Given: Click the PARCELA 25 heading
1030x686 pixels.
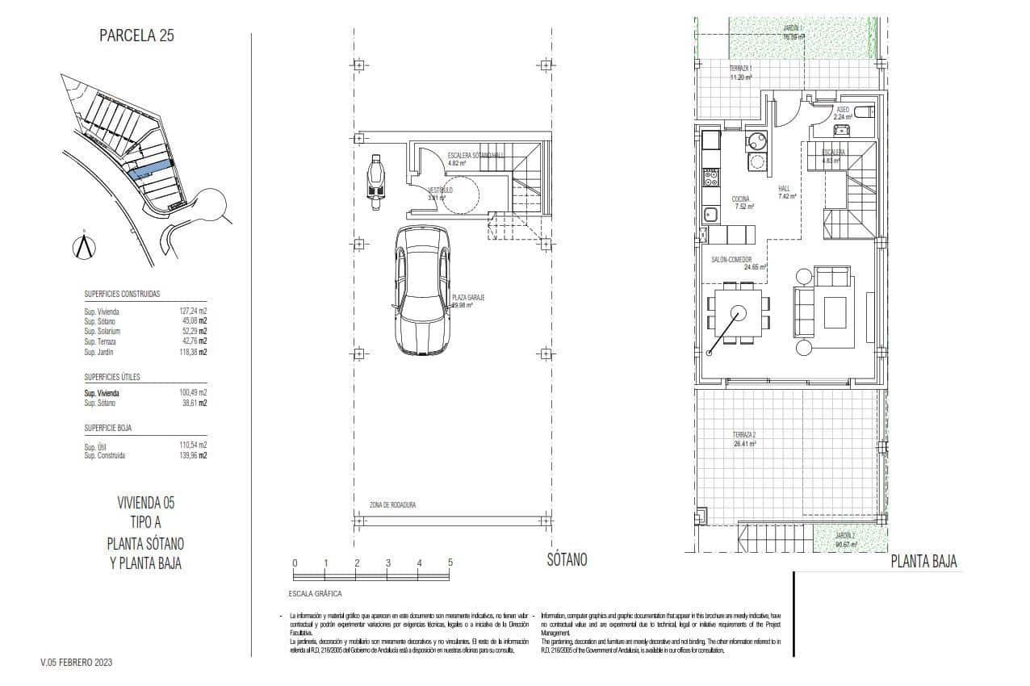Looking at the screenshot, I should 136,36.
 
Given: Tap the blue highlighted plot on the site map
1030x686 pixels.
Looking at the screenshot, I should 150,169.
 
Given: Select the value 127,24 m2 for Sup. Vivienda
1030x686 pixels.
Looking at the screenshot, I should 193,311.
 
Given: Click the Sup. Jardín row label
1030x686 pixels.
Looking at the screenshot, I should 99,353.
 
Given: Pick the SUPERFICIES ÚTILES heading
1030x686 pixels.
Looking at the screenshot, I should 115,378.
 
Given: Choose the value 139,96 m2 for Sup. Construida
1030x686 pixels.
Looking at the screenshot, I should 193,456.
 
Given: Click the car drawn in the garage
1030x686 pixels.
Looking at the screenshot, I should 421,289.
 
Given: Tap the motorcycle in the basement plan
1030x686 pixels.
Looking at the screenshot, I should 375,182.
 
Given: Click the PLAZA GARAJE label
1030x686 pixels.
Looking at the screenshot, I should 467,298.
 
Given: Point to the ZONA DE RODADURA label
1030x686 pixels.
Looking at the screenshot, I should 392,506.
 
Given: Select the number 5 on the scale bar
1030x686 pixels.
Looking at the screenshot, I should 450,563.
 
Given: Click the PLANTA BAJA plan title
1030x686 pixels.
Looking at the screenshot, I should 923,563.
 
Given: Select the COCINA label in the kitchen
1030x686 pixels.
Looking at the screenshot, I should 740,199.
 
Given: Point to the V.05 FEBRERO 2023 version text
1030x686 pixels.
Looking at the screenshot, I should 77,663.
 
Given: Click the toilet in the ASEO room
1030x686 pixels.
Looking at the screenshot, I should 862,112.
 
